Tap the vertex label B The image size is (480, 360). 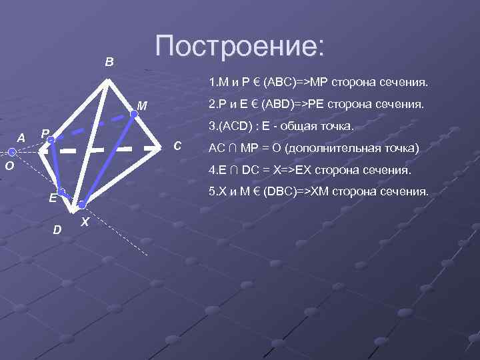109,62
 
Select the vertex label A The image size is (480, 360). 21,138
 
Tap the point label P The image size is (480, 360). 44,133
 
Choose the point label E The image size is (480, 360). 51,198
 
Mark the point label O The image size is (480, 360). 5,167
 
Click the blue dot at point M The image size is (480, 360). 133,114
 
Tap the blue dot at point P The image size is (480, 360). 51,140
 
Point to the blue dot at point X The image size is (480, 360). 81,205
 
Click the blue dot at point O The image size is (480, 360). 12,152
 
